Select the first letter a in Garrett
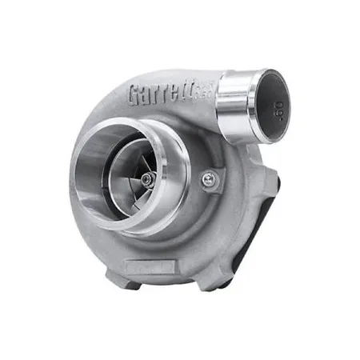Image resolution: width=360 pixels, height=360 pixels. pos(147,96)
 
